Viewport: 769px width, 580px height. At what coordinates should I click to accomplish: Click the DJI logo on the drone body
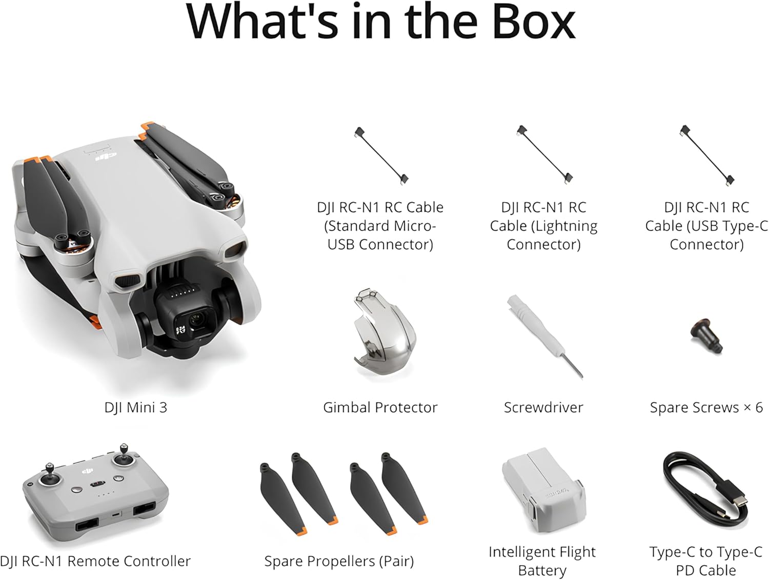point(106,156)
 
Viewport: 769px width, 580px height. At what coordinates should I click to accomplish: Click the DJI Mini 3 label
point(136,408)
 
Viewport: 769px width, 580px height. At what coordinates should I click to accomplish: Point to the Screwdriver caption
point(543,408)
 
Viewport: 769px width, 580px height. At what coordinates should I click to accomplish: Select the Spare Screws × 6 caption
point(706,408)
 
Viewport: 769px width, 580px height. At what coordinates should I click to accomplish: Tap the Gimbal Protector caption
point(380,408)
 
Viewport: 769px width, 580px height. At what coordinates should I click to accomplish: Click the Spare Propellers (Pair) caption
point(339,561)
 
